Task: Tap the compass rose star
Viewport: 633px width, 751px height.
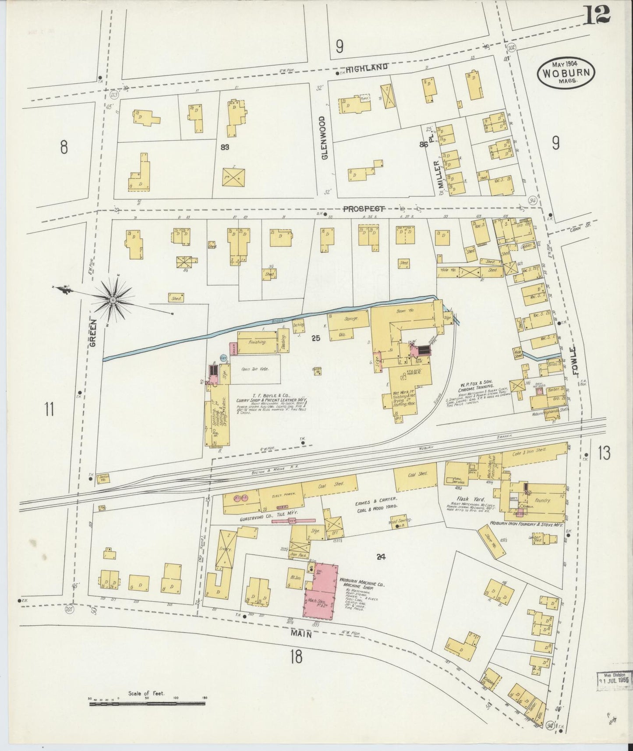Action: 113,300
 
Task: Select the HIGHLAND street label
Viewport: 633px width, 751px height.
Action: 367,67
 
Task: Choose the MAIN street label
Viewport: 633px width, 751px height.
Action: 301,633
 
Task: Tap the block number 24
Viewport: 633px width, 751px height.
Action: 380,557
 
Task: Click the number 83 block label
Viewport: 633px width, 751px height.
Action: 225,147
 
